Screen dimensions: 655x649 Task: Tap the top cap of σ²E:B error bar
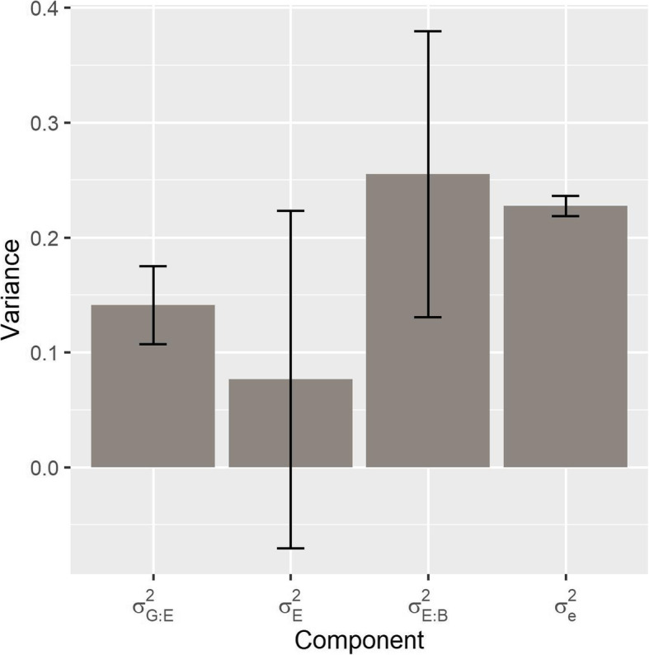(x=428, y=31)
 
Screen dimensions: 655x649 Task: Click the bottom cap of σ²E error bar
(x=290, y=548)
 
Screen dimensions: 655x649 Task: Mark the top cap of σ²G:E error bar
(x=153, y=266)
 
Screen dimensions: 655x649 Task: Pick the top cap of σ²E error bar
(x=290, y=210)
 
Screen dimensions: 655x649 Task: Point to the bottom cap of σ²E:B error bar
(x=428, y=317)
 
